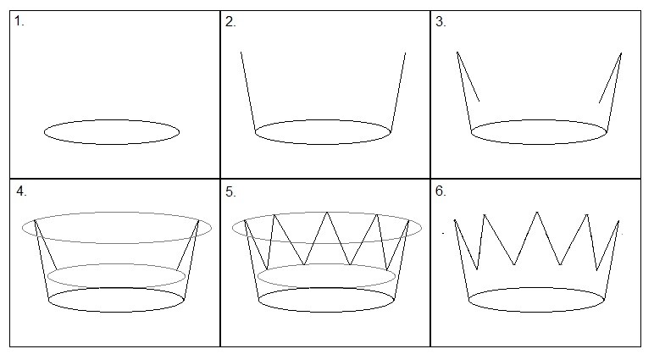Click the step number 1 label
(19, 21)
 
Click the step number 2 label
(230, 22)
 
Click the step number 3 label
(441, 22)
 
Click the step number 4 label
(21, 191)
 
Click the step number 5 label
(230, 192)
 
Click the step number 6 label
(441, 191)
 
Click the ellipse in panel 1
(112, 132)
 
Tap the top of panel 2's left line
(241, 53)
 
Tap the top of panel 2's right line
(405, 53)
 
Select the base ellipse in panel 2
(323, 132)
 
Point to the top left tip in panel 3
(457, 53)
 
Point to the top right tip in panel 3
(622, 53)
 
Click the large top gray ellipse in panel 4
(117, 227)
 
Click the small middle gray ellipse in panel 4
(116, 276)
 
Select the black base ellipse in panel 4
(116, 300)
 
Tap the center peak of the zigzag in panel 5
(327, 213)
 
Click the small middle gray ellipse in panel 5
(327, 276)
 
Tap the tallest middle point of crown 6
(537, 212)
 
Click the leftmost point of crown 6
(455, 220)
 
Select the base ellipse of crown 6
(537, 300)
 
